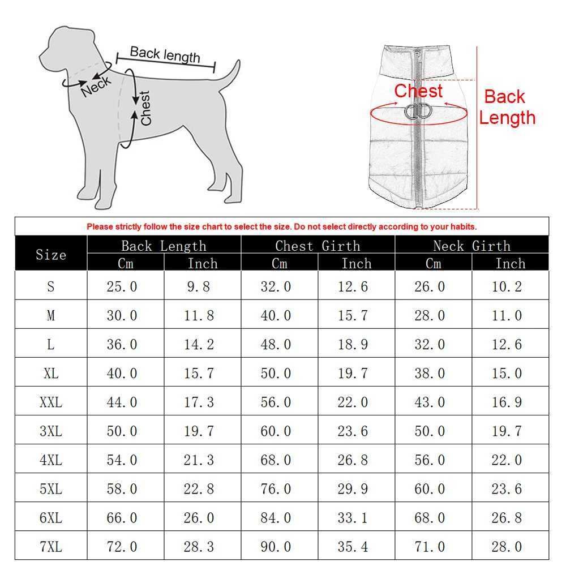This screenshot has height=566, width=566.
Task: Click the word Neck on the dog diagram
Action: [96, 86]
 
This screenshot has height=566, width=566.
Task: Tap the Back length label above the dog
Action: [165, 55]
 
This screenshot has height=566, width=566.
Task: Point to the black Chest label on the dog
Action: [145, 108]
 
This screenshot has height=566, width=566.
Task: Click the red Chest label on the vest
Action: [418, 91]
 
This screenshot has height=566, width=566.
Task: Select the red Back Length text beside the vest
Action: [507, 107]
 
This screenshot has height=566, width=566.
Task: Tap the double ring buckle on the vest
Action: [418, 111]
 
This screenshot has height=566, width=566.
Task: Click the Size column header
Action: [51, 255]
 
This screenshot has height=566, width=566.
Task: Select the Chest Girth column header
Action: [318, 246]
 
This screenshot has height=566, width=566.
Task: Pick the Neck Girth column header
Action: [472, 246]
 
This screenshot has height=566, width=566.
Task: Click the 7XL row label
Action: [51, 547]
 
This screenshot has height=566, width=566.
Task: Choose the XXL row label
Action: [51, 402]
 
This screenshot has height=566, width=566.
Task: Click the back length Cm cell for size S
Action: [122, 286]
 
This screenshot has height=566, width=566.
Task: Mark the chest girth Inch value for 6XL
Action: [353, 518]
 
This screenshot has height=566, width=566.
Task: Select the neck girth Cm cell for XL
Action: [430, 373]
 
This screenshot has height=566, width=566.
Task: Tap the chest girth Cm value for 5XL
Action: [276, 489]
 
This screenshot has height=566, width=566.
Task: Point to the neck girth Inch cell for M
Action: [507, 315]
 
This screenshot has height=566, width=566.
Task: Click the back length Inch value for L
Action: [199, 344]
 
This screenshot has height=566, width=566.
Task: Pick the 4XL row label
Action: [51, 460]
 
